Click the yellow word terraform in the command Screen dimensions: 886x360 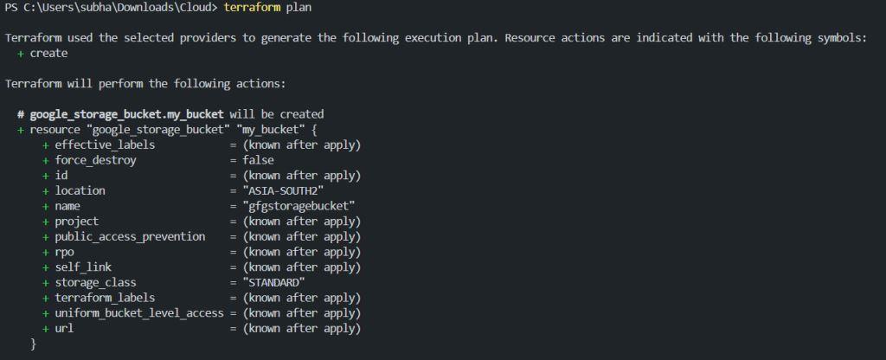click(x=252, y=7)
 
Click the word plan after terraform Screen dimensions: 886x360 click(x=299, y=8)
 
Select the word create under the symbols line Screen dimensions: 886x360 click(x=48, y=53)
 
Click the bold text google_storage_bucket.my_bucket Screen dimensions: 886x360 click(x=126, y=115)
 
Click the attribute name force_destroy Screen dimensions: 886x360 click(x=95, y=160)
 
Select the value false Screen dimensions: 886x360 click(x=258, y=160)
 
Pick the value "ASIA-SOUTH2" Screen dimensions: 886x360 click(x=283, y=190)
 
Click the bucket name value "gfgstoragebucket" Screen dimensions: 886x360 click(x=299, y=206)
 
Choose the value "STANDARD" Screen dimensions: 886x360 click(x=274, y=283)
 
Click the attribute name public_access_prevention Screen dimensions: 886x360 click(x=130, y=237)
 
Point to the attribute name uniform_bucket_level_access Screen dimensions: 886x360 click(x=139, y=313)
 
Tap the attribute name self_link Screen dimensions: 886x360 click(x=83, y=267)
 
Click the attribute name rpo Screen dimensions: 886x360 click(x=64, y=253)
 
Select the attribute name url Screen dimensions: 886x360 click(x=64, y=328)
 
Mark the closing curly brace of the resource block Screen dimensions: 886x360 click(x=34, y=344)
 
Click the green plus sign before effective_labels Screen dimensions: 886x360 click(x=46, y=145)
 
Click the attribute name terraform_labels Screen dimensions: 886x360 click(x=105, y=298)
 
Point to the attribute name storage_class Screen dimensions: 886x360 click(x=95, y=283)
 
